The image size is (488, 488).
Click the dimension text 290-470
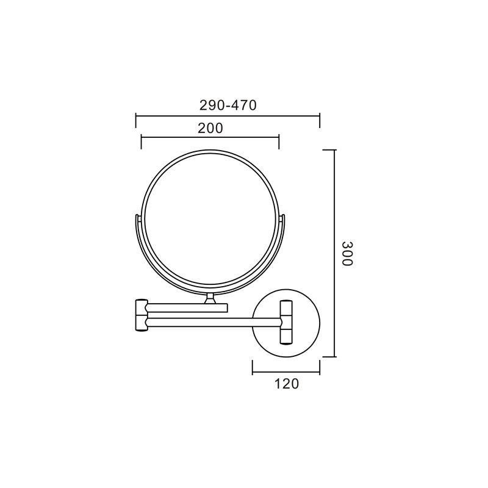[228, 105]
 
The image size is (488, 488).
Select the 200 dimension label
[210, 128]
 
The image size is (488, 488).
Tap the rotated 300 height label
[347, 254]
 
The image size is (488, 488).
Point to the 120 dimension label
[286, 384]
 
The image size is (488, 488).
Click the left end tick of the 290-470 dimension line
[135, 121]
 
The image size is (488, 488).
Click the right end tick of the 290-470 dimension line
[320, 121]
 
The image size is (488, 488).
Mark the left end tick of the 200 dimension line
[142, 142]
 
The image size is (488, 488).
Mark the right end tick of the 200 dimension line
[279, 142]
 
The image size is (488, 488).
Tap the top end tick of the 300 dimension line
[329, 150]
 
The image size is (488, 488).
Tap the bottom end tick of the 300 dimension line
[329, 357]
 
